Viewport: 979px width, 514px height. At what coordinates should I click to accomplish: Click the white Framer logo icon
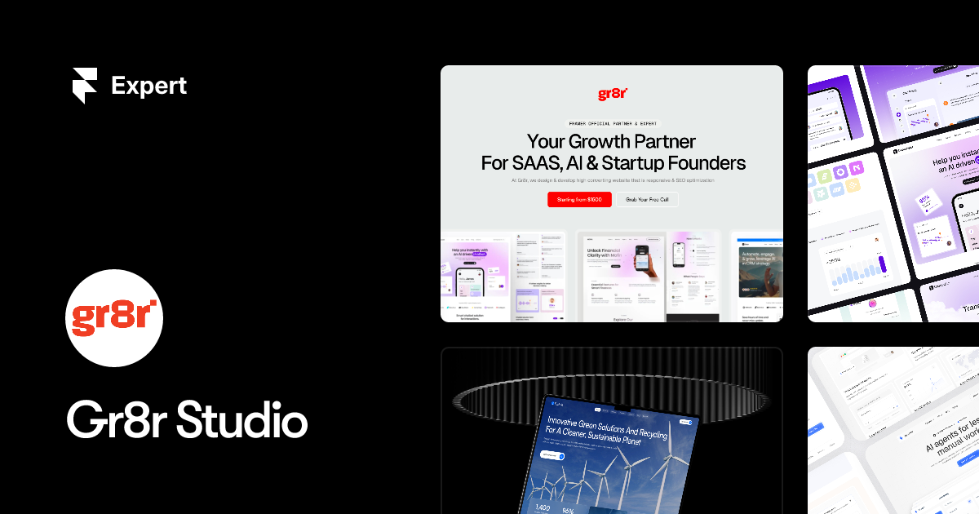coord(84,86)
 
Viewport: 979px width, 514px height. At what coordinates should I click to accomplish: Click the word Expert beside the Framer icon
coord(148,86)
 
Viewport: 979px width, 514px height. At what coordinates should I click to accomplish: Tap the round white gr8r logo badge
coord(114,318)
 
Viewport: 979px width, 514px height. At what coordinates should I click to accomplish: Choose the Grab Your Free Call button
coord(646,200)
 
